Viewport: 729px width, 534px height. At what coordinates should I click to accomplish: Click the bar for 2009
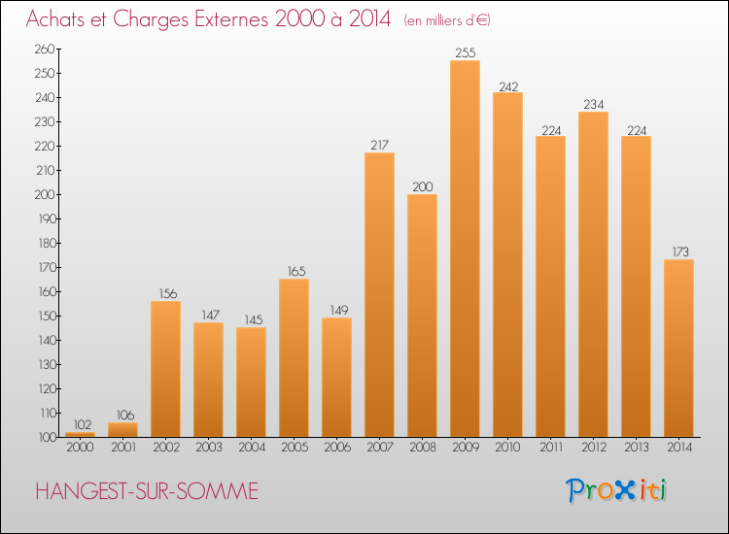coord(465,249)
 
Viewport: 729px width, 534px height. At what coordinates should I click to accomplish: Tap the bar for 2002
coord(165,369)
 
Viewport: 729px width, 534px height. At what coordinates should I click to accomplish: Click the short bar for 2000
coord(80,434)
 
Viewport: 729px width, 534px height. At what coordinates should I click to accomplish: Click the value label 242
coord(507,85)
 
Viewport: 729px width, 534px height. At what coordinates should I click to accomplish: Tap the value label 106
coord(122,416)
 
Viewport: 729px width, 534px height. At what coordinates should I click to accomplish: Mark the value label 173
coord(678,252)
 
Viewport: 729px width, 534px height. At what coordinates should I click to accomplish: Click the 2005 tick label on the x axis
coord(294,448)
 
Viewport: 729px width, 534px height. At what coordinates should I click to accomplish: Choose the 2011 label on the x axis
coord(550,448)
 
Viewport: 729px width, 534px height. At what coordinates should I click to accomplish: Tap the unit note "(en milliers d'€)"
coord(447,20)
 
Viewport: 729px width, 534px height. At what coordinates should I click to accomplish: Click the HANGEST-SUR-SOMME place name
coord(147,491)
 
